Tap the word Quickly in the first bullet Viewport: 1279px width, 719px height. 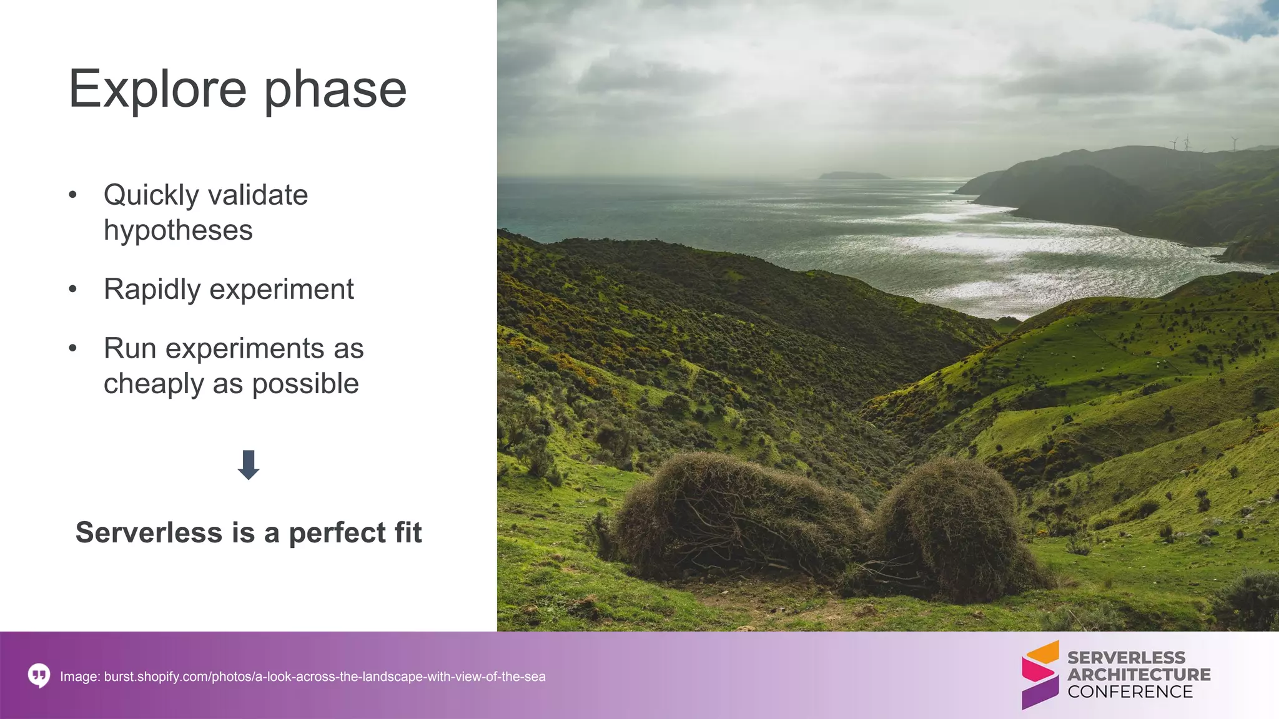click(x=151, y=195)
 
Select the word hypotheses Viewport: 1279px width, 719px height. click(x=178, y=230)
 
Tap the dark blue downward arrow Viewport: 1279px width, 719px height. click(x=249, y=464)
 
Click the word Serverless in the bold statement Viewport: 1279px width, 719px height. click(x=149, y=533)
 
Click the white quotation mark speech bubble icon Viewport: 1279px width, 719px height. click(x=39, y=676)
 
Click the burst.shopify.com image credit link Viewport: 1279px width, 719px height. click(x=324, y=677)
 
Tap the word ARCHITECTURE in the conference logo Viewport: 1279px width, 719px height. click(x=1138, y=675)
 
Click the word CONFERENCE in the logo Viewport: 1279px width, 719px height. click(x=1130, y=692)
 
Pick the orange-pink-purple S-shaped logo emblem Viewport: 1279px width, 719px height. click(x=1040, y=675)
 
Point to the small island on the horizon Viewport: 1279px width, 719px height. click(x=853, y=175)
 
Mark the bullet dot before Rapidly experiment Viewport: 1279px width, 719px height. click(x=73, y=290)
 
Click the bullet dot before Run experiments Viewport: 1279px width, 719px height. click(x=73, y=348)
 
